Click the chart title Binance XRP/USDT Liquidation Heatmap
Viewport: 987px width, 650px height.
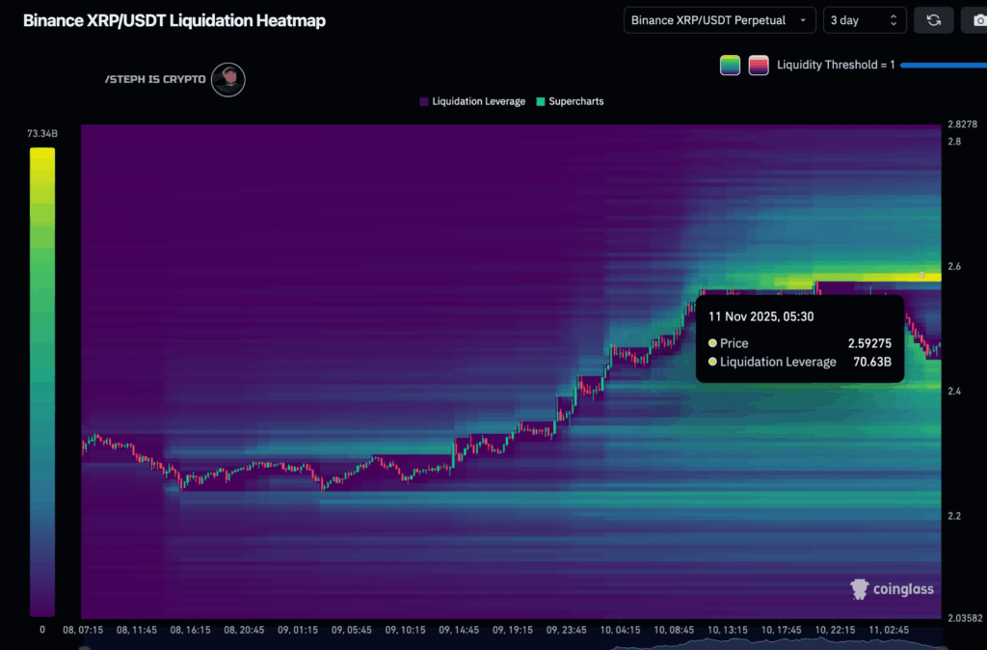tap(173, 20)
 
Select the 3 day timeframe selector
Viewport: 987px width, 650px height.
tap(865, 20)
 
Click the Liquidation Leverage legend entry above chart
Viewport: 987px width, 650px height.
tap(478, 101)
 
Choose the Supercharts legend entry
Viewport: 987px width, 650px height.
tap(575, 101)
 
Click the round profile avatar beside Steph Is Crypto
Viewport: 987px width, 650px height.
tap(228, 80)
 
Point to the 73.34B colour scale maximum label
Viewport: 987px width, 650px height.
tap(42, 134)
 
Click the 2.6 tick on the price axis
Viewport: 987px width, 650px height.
tap(953, 266)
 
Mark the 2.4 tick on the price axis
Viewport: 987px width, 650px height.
tap(953, 392)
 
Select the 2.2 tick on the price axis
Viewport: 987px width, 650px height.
tap(953, 516)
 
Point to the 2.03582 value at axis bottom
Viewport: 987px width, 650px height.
tap(965, 618)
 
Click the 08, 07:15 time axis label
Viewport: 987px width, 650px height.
tap(83, 630)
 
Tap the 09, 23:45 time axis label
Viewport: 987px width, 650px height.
tap(565, 630)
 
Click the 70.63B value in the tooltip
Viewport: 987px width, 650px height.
tap(871, 363)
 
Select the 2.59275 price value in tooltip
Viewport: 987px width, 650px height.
tap(869, 343)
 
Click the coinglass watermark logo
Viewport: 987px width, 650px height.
tap(892, 588)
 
